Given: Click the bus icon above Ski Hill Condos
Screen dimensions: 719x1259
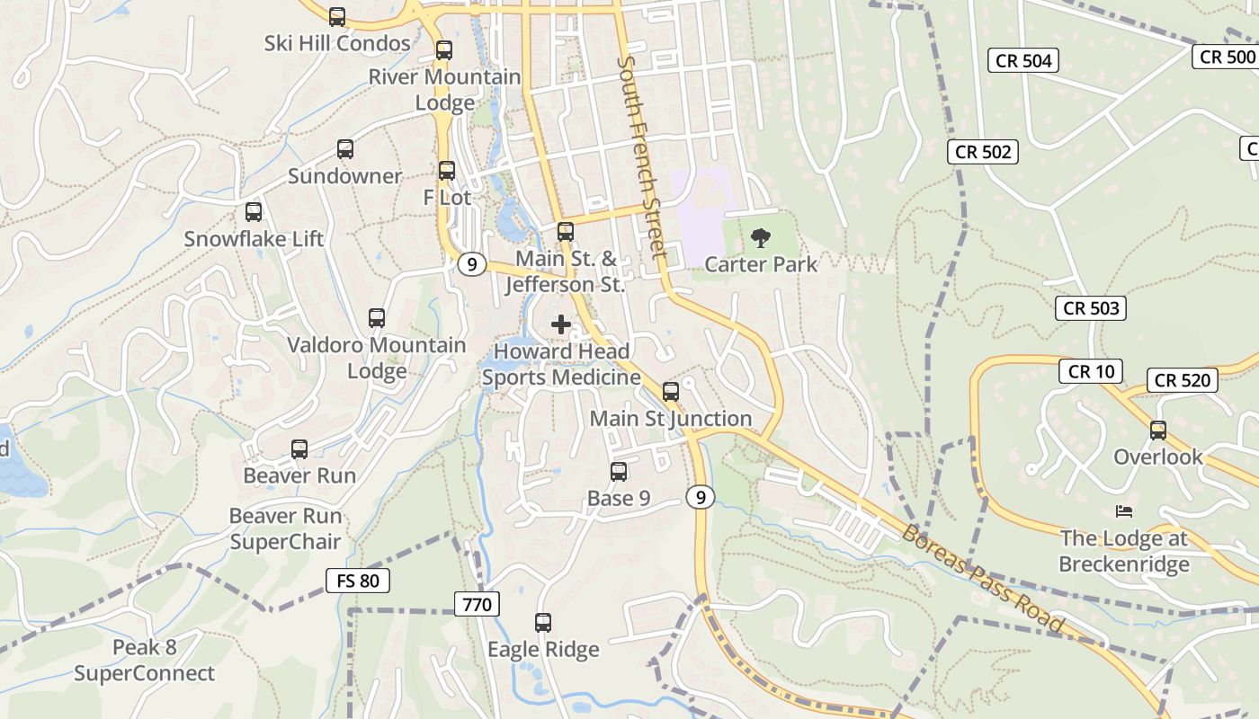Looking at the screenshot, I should click(x=337, y=16).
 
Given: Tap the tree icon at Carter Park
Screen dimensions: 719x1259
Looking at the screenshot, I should click(x=761, y=238).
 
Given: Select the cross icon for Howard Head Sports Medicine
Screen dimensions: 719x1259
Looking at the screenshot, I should click(x=561, y=324).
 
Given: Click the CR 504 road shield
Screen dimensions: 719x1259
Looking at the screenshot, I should click(x=1023, y=60).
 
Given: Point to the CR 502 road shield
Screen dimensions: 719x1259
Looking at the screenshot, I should click(x=983, y=152).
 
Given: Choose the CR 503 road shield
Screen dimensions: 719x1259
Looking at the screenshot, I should click(x=1091, y=308).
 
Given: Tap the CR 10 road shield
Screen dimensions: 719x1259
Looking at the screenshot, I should click(x=1091, y=370).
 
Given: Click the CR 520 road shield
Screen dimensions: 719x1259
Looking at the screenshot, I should click(x=1183, y=380).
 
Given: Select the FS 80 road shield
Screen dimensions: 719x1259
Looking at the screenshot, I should click(x=358, y=581).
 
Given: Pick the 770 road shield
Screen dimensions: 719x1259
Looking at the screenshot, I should click(x=477, y=604).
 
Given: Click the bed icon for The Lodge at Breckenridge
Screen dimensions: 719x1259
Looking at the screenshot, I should click(x=1123, y=511).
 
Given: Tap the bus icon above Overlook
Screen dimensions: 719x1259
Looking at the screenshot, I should click(x=1158, y=430).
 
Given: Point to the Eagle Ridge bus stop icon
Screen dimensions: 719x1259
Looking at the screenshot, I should click(x=543, y=622).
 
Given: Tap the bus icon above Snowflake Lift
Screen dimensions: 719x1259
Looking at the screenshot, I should click(x=254, y=212).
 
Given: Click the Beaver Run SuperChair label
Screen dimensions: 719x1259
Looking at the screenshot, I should click(x=286, y=528).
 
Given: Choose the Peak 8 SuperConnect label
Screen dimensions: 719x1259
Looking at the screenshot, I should click(x=145, y=660).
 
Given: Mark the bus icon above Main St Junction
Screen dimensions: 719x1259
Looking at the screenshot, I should click(x=671, y=391).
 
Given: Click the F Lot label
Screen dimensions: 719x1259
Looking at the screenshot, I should click(x=447, y=197).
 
